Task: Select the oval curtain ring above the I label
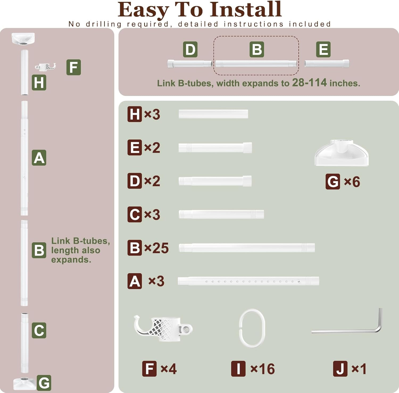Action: [252, 328]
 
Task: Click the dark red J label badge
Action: [340, 369]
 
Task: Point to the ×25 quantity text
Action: [156, 248]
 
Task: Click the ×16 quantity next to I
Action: [263, 369]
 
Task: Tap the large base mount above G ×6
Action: [341, 153]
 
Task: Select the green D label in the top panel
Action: [190, 49]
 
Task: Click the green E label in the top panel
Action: [323, 49]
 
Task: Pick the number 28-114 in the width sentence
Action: [309, 83]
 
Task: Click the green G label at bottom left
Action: [44, 383]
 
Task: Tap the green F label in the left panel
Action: [73, 67]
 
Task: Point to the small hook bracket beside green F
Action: [45, 66]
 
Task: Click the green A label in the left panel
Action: [39, 158]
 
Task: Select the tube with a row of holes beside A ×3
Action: [248, 281]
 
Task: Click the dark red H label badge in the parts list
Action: [135, 114]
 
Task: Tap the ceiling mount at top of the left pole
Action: [23, 39]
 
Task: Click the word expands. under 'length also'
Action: [71, 260]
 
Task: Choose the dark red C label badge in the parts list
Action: [135, 214]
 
